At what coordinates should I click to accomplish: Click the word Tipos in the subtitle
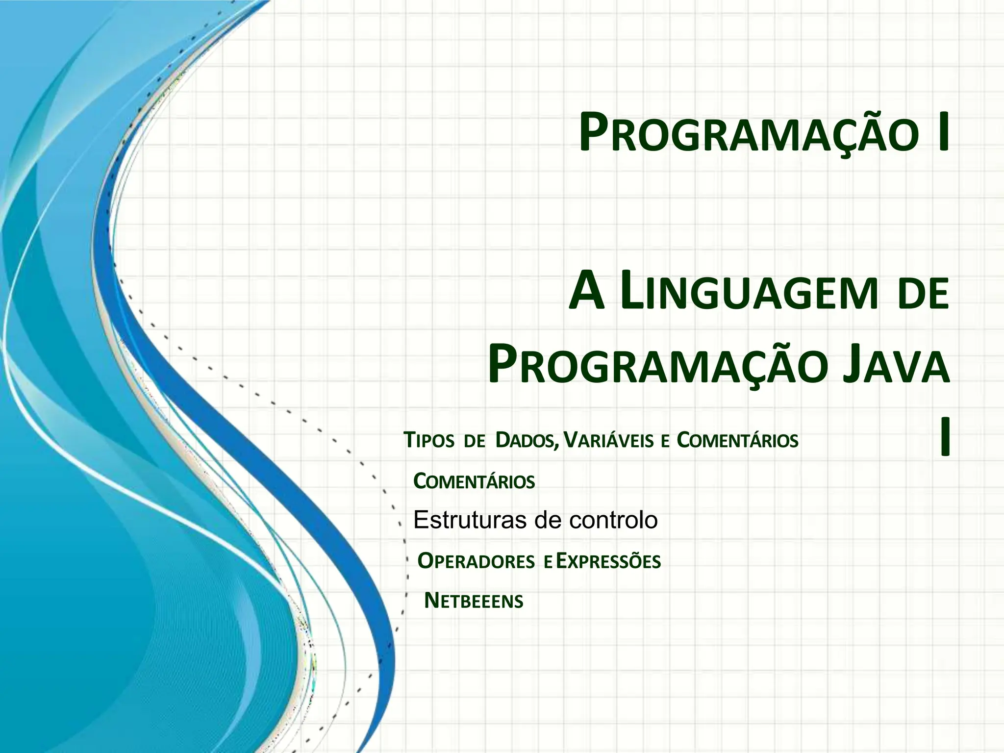click(428, 441)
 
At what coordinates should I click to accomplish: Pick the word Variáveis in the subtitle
click(608, 441)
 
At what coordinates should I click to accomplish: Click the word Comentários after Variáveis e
click(737, 441)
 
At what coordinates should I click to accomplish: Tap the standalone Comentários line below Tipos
click(474, 481)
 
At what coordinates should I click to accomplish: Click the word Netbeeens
click(474, 601)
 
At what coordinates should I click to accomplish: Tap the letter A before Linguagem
click(586, 295)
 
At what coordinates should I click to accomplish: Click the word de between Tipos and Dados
click(474, 441)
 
